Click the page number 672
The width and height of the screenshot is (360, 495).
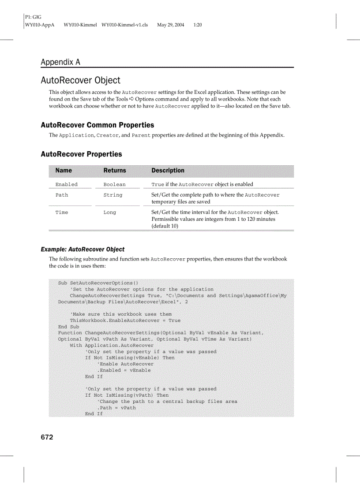[x=47, y=437]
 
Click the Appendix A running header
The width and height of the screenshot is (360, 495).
[x=60, y=62]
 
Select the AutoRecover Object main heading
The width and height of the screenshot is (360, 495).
[x=80, y=80]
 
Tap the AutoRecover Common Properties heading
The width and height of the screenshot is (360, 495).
[x=97, y=125]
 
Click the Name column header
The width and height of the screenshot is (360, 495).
[x=64, y=171]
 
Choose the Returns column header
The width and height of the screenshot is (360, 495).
[x=115, y=171]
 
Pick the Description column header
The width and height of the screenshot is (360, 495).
[x=168, y=171]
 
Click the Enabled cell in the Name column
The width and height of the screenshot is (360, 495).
[x=66, y=185]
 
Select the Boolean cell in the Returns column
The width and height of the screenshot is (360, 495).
[x=114, y=185]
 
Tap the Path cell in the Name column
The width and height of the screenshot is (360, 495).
[x=62, y=195]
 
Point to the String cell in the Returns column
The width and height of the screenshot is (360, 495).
[x=113, y=195]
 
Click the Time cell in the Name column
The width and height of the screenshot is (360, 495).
[x=62, y=212]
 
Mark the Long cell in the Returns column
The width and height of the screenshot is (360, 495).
[x=110, y=212]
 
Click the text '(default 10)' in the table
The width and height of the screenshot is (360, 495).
[x=165, y=226]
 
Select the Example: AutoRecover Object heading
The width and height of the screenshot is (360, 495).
[x=82, y=249]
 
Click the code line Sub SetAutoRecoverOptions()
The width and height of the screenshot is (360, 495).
[x=98, y=283]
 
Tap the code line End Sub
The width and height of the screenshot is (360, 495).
[x=68, y=327]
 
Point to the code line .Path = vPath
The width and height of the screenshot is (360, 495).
[x=116, y=408]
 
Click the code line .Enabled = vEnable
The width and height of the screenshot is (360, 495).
[x=124, y=370]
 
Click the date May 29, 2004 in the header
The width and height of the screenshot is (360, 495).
[x=171, y=25]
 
